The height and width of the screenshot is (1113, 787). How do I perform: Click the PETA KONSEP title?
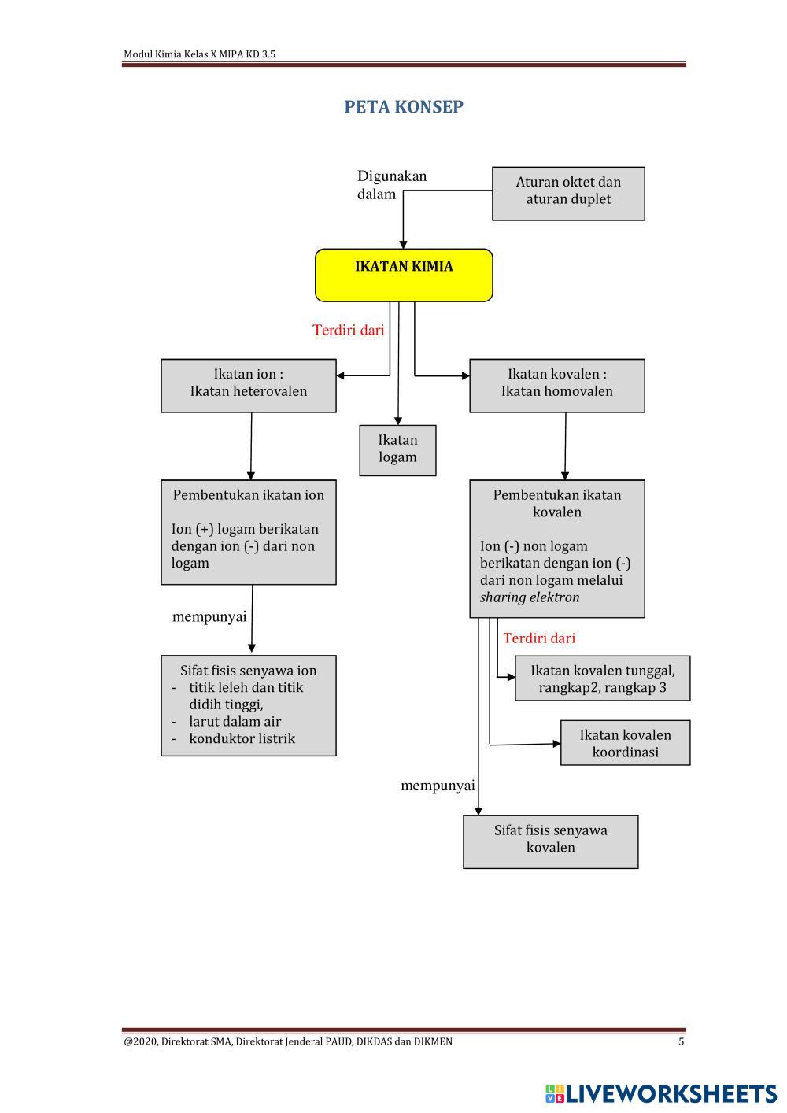pos(403,107)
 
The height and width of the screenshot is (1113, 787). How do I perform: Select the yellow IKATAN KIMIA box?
pos(404,275)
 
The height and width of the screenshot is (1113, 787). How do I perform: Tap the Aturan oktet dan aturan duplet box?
pos(568,193)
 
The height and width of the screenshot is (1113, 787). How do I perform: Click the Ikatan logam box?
pos(397,449)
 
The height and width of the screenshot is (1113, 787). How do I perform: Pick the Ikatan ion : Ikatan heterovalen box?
pos(249,385)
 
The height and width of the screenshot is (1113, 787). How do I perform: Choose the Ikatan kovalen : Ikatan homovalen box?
pos(556,385)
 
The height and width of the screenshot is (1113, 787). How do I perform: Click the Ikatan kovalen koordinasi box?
pos(625,742)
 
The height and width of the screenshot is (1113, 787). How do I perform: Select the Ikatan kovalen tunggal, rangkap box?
pos(602,678)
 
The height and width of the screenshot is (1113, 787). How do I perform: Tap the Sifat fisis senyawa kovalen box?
pos(550,841)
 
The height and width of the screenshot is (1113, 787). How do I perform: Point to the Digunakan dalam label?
pos(391,185)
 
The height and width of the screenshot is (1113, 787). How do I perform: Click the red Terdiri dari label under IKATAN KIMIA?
pos(349,331)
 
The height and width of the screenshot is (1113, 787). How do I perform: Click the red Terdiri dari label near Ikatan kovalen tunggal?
pos(539,638)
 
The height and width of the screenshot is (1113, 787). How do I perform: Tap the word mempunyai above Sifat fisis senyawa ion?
pos(209,617)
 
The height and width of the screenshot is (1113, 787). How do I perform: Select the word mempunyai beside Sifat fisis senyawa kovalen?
pos(438,786)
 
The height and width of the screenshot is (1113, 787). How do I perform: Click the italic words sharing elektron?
pos(530,597)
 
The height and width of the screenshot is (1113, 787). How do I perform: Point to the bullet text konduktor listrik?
pos(242,738)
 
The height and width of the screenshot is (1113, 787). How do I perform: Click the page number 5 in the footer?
pos(682,1041)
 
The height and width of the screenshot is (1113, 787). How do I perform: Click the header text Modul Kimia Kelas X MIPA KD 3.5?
pos(199,54)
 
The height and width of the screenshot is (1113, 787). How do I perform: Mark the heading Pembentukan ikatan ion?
pos(249,495)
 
